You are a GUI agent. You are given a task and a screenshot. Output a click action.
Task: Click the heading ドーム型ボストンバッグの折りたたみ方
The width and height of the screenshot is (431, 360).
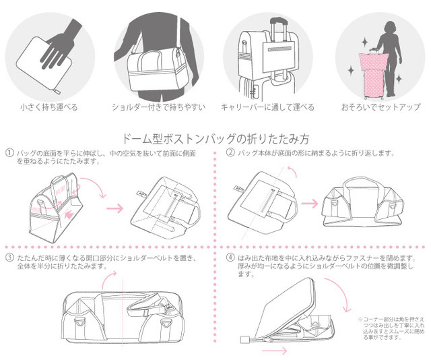click(214, 140)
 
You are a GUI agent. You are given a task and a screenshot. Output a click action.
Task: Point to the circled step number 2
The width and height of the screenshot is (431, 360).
click(230, 153)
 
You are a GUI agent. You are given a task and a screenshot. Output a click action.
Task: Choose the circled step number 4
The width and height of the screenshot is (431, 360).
click(230, 258)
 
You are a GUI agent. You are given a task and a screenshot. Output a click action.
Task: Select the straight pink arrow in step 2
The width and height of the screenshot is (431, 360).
click(309, 201)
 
